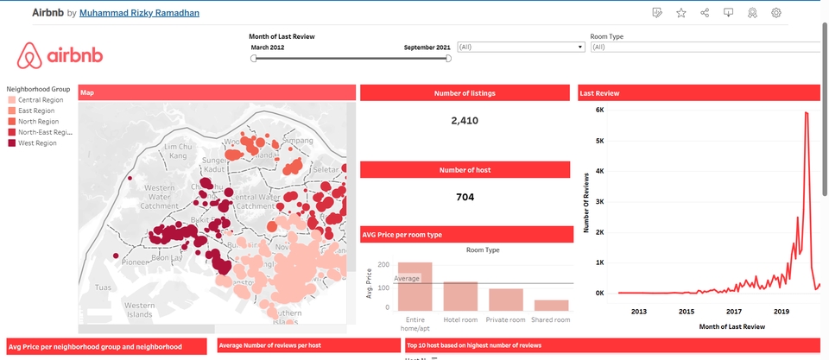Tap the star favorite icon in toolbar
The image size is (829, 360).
click(681, 13)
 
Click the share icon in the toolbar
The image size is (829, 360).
click(705, 13)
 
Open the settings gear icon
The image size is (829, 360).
click(776, 13)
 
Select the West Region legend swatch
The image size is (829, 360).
click(11, 143)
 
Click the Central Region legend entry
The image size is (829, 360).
click(40, 100)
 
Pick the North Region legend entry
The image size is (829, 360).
click(38, 122)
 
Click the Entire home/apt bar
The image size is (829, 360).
click(414, 287)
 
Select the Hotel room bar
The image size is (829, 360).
click(460, 296)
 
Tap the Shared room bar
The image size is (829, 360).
click(551, 305)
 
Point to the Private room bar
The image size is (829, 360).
click(505, 300)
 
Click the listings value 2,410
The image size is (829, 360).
click(465, 121)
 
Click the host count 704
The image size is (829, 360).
click(465, 197)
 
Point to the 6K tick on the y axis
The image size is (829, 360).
click(598, 111)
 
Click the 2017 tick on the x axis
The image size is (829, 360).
click(734, 312)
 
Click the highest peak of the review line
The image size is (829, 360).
click(807, 113)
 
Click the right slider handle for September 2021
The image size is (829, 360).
click(448, 59)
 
